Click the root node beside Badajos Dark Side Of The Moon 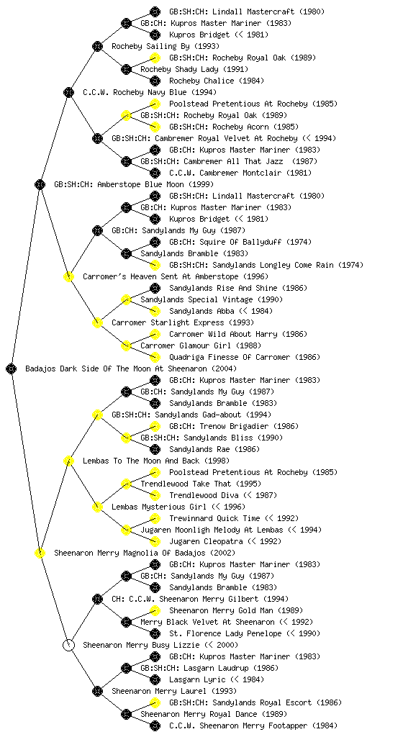(12, 368)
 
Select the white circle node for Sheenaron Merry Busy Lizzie (68, 645)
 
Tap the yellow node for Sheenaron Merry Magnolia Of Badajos (40, 553)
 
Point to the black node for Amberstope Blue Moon (40, 184)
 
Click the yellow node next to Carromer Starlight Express (97, 322)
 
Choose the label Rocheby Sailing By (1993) (166, 46)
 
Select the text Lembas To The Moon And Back (141, 461)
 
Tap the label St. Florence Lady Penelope (225, 633)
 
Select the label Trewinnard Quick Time (214, 518)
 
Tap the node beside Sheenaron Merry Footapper (155, 725)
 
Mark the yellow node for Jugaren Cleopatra (155, 541)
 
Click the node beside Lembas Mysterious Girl (97, 507)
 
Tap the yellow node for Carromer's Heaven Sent (68, 276)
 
